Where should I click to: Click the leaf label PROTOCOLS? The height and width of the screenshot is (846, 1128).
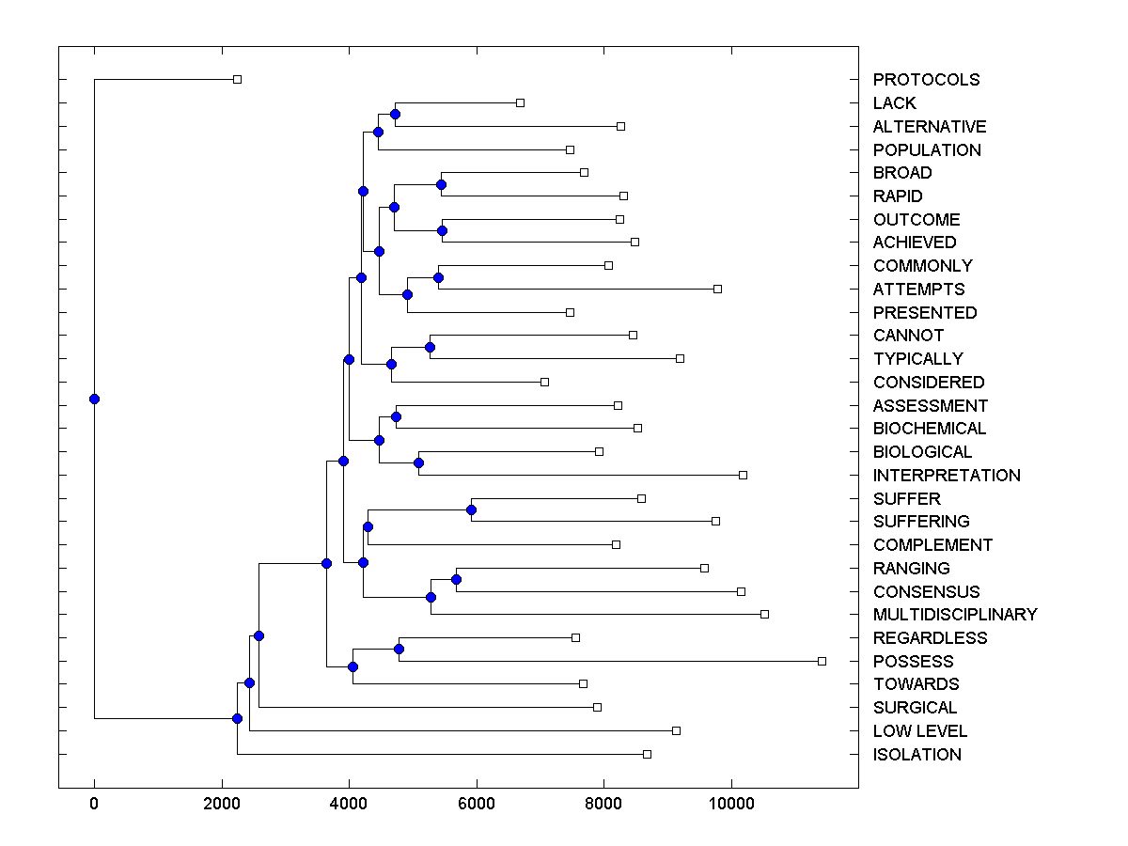[926, 80]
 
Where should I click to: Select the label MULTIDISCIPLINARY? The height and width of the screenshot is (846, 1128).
[955, 615]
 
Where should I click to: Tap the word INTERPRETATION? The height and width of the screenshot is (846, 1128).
[947, 476]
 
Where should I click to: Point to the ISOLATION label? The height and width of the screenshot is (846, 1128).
[917, 755]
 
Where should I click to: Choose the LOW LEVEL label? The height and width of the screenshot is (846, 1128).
[920, 731]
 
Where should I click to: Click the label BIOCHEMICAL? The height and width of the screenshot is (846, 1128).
[930, 429]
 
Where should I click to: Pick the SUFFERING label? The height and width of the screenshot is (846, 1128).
[921, 522]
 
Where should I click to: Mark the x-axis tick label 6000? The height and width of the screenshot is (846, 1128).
[477, 803]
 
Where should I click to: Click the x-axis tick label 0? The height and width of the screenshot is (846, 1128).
[94, 803]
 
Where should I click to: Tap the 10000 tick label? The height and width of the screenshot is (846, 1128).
[731, 803]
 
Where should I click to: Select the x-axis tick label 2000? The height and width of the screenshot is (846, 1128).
[222, 803]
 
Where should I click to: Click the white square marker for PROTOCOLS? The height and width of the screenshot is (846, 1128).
[238, 79]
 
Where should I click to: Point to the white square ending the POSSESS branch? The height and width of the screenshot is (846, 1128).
[822, 661]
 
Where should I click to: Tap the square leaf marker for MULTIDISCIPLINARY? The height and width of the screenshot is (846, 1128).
[764, 614]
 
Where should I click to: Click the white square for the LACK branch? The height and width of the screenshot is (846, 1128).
[521, 102]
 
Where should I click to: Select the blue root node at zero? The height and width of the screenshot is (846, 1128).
[94, 399]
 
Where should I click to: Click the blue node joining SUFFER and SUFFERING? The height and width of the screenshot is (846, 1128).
[472, 509]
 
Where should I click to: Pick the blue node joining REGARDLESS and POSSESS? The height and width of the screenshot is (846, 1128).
[399, 649]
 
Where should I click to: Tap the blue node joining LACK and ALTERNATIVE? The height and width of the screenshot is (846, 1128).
[396, 114]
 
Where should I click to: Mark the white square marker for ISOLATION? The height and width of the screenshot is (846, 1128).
[647, 754]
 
